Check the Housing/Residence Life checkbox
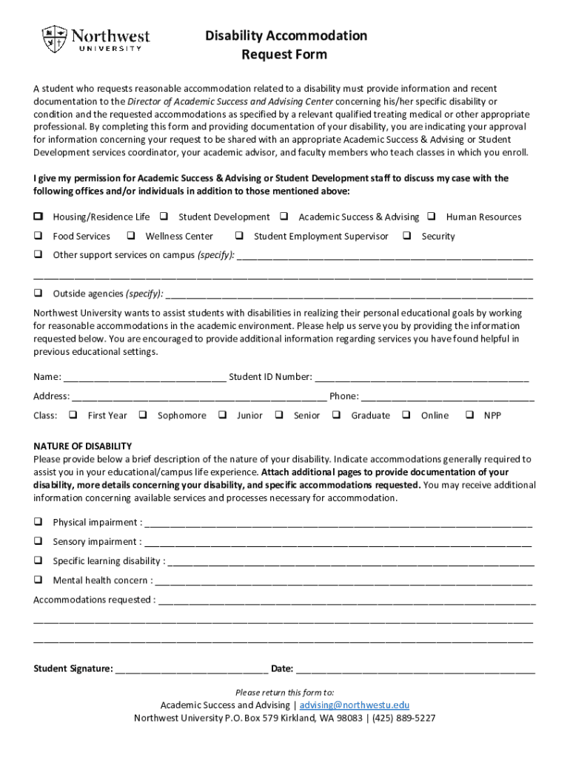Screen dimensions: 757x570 coord(37,217)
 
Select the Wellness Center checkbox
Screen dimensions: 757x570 coord(130,236)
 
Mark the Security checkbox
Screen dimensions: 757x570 coord(406,236)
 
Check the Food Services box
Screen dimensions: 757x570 coord(37,236)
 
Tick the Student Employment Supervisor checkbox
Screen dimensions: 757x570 coord(239,236)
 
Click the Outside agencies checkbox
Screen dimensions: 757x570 coord(37,293)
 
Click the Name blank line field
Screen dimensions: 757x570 coord(145,378)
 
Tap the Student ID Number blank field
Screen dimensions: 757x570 coord(421,378)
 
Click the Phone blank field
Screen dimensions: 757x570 coord(447,397)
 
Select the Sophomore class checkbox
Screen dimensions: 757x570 coord(143,415)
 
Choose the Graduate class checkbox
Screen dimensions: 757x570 coord(336,415)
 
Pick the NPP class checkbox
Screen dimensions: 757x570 coord(469,415)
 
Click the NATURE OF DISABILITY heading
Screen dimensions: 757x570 coord(82,446)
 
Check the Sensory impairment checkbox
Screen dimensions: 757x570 coord(37,541)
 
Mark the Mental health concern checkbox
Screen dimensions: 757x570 coord(37,580)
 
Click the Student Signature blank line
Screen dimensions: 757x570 coord(192,671)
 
